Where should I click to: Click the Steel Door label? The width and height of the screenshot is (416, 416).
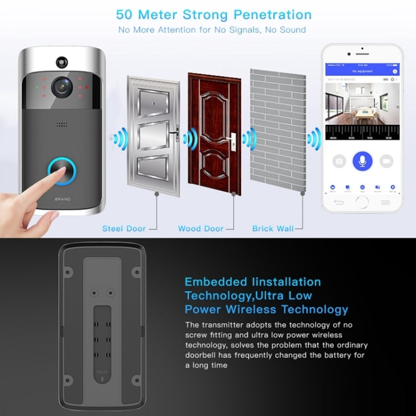click(x=124, y=228)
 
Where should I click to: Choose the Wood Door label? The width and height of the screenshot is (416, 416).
click(x=201, y=228)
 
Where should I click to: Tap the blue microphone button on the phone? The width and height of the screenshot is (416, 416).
click(x=362, y=161)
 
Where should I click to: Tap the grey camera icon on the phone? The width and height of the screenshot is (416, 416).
click(x=339, y=161)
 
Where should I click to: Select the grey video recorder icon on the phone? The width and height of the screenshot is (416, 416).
click(x=386, y=161)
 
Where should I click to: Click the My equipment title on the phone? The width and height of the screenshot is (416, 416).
click(x=362, y=72)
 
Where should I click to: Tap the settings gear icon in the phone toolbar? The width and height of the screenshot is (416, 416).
click(x=392, y=187)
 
